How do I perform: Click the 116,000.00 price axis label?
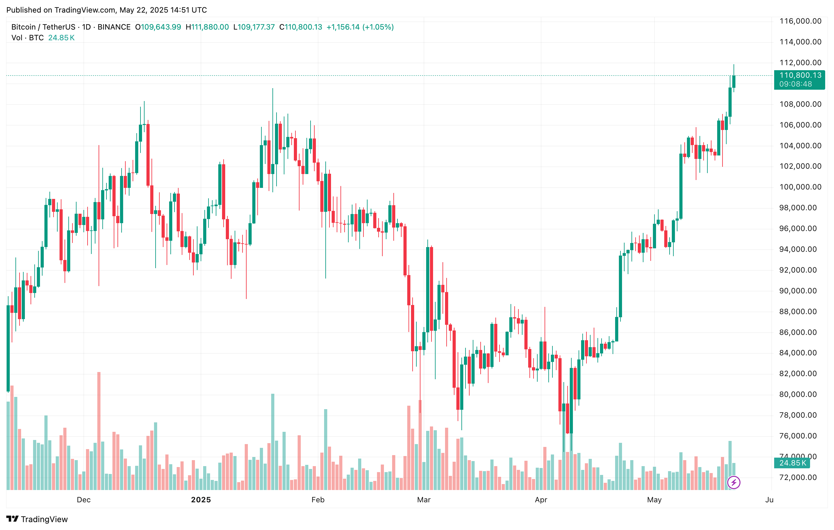[800, 21]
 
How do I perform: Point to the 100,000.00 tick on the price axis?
[800, 187]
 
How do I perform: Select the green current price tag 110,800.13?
[799, 80]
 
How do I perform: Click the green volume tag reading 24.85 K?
[792, 463]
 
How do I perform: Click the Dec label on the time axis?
[83, 499]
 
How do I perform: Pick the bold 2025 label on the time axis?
[201, 499]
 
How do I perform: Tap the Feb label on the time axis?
[317, 499]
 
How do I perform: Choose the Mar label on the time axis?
[424, 499]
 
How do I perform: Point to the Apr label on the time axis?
[541, 499]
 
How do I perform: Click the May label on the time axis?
[654, 499]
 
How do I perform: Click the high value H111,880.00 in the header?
[207, 27]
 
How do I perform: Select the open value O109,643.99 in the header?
[158, 27]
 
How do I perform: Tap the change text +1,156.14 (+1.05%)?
[360, 27]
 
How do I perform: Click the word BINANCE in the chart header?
[114, 27]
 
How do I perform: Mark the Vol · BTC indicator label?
[27, 38]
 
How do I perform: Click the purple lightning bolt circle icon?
[734, 482]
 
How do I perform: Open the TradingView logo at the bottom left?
[37, 519]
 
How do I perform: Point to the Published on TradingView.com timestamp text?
[106, 10]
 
